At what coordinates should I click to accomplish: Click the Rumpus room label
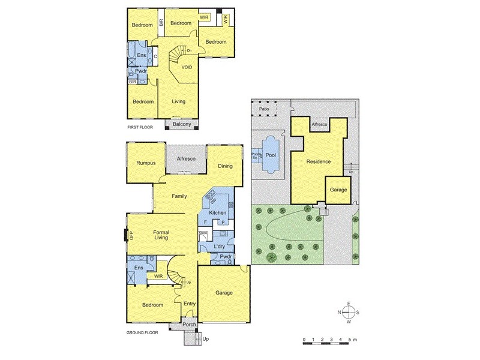pos(146,163)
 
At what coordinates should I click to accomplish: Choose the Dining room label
pos(225,166)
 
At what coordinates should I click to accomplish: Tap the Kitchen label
pos(217,213)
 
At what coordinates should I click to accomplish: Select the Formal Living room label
pos(161,235)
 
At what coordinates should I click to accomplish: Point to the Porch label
pos(189,326)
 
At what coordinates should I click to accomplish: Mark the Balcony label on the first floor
pos(181,124)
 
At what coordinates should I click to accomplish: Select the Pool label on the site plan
pos(271,154)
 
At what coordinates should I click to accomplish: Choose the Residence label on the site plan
pos(319,161)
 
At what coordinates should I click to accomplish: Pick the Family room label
pos(179,196)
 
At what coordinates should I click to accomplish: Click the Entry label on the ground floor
pos(190,304)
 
